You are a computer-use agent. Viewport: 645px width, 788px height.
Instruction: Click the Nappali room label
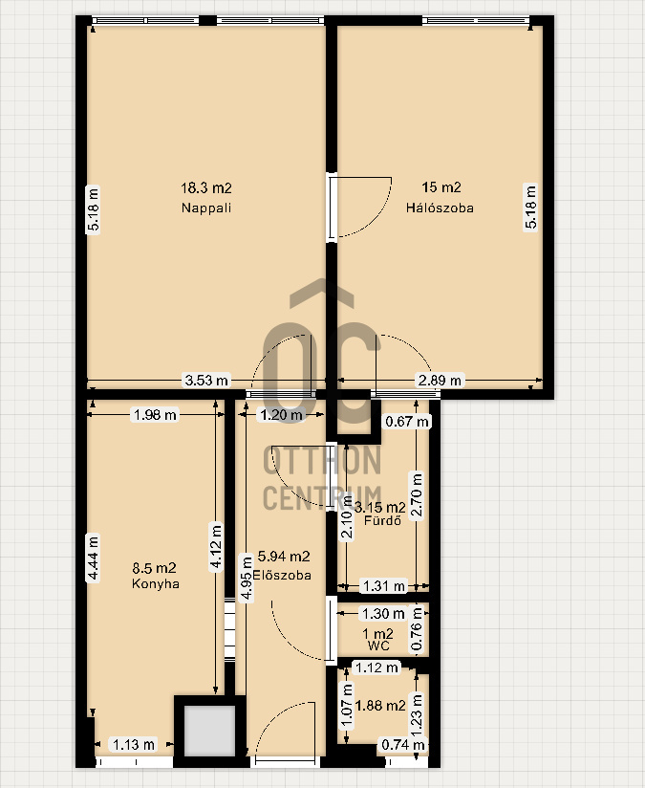tap(206, 208)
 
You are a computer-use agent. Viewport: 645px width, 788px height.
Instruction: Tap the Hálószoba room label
tap(440, 208)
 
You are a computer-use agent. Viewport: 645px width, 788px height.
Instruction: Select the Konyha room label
tap(155, 583)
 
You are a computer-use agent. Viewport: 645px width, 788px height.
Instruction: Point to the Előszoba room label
tap(282, 575)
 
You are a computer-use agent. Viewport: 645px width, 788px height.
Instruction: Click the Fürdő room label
tap(383, 520)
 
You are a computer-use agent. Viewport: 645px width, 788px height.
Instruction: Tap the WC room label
tap(378, 646)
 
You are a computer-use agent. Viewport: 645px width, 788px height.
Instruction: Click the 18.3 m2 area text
tap(206, 188)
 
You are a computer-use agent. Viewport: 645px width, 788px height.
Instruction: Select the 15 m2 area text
tap(441, 187)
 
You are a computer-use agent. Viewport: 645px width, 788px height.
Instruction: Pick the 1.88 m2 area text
tap(379, 706)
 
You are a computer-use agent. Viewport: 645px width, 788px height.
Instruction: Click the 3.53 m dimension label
tap(206, 381)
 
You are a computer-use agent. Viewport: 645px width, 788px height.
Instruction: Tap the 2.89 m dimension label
tap(441, 381)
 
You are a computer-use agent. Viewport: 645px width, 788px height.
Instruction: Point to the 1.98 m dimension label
tap(155, 415)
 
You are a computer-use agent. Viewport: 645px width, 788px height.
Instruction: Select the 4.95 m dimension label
tap(247, 578)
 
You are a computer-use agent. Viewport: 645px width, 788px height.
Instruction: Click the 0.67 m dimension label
tap(407, 421)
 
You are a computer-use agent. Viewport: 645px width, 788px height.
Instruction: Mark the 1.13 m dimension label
tap(134, 744)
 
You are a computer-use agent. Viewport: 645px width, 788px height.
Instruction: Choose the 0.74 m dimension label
tap(403, 744)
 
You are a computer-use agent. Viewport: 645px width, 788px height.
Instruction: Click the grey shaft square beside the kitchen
tap(209, 732)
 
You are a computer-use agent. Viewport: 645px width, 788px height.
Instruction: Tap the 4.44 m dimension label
tap(93, 558)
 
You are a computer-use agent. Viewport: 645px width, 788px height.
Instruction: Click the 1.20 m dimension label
tap(281, 415)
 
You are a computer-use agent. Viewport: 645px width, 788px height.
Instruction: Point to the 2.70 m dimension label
tap(417, 495)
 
